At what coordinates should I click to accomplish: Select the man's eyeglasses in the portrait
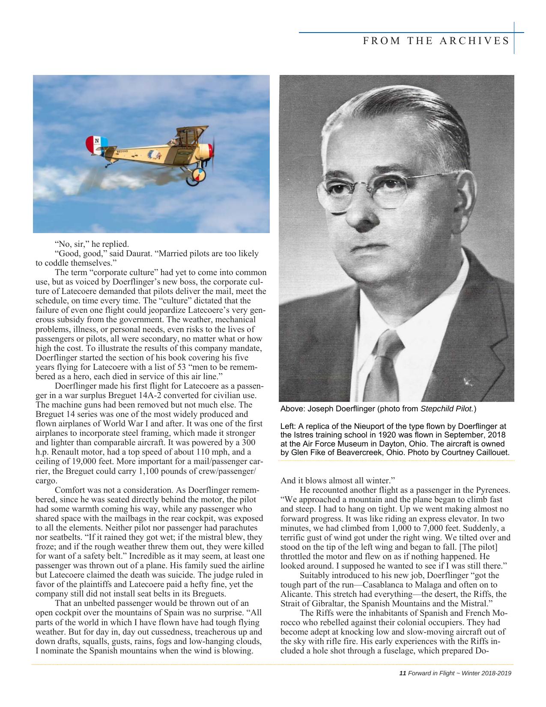(377, 192)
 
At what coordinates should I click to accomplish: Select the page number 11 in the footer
(402, 673)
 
